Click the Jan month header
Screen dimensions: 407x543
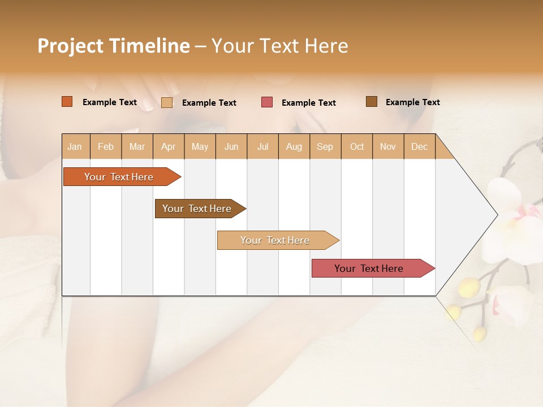point(75,146)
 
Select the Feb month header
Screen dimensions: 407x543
point(106,146)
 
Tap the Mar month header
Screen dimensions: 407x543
point(137,146)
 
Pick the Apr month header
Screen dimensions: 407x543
point(169,146)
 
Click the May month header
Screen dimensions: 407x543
point(200,146)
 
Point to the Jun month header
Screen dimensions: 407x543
point(231,146)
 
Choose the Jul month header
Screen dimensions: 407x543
point(262,146)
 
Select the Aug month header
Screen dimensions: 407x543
point(294,146)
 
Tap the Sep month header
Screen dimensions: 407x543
point(325,146)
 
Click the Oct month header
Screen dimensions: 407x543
point(357,146)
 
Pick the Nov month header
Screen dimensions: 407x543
point(388,146)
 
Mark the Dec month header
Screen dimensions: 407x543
point(420,146)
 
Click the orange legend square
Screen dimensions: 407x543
point(67,102)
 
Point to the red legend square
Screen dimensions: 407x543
point(267,102)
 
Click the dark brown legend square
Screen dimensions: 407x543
point(372,102)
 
